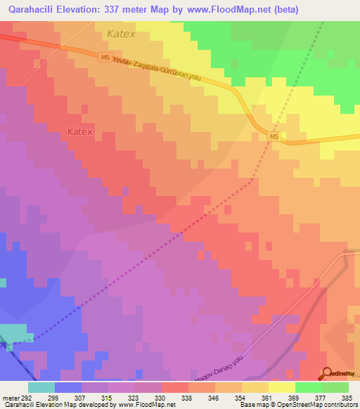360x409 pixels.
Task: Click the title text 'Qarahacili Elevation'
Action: click(60, 10)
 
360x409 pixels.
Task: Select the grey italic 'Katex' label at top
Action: click(121, 33)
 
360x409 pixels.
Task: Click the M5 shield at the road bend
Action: click(275, 136)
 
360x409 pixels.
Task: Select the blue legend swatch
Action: click(67, 387)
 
